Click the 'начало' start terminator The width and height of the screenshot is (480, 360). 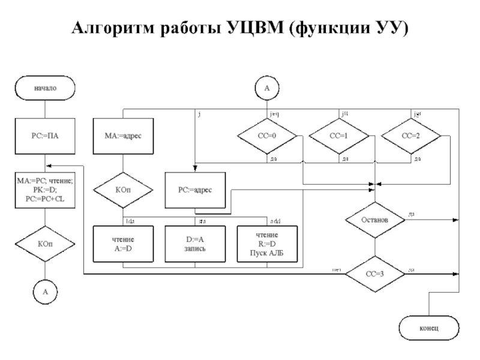[x=45, y=88]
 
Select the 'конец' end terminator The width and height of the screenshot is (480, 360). [x=429, y=328]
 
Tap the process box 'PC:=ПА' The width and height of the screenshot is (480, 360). [x=45, y=136]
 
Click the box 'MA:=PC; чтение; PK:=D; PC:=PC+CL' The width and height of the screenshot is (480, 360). [x=45, y=191]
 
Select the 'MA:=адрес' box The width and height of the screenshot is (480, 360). [x=122, y=136]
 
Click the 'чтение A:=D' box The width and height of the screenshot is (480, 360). [x=122, y=243]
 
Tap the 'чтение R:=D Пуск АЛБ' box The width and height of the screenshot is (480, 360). [x=267, y=243]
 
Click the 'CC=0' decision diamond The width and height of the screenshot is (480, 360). [x=267, y=136]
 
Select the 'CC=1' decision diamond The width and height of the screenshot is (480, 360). [x=339, y=136]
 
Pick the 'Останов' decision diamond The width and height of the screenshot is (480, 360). [x=375, y=220]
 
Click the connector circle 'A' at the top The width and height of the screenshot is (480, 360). [x=267, y=88]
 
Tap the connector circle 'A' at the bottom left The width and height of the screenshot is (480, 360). [x=45, y=292]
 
